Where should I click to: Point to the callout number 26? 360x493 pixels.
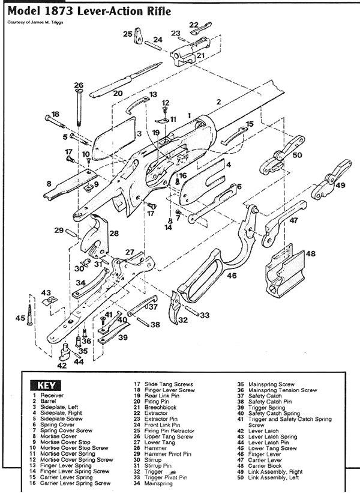tap(78, 85)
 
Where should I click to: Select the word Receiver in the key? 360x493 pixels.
tap(52, 396)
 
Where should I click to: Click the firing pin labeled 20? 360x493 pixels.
tap(120, 81)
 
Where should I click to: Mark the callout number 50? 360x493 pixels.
tap(297, 155)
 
